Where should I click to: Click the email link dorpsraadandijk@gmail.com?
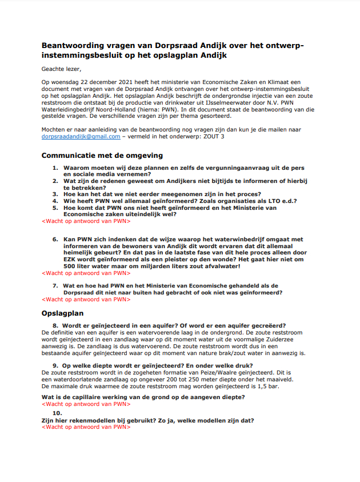tap(81, 137)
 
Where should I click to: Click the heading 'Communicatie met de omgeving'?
tap(102, 155)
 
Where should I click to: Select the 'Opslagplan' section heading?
tap(63, 313)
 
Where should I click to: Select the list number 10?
tap(57, 413)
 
